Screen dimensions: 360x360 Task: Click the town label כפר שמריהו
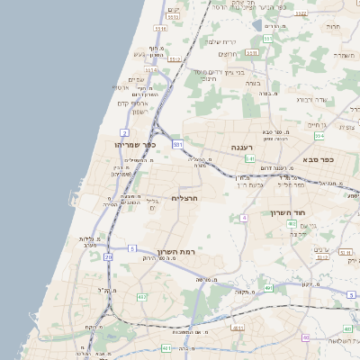tap(136, 144)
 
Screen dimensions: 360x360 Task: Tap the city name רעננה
tap(242, 147)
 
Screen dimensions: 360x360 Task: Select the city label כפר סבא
tap(319, 160)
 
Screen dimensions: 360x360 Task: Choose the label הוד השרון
tap(289, 212)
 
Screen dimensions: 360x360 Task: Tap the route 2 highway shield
tap(124, 132)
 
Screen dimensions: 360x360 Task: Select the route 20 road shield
tap(108, 256)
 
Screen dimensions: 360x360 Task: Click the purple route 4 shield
tap(244, 218)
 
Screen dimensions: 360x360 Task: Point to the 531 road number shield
tap(178, 144)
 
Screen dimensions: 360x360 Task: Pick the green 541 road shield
tap(249, 158)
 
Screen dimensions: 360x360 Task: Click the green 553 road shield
tap(267, 39)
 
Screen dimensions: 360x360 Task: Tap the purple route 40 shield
tap(306, 337)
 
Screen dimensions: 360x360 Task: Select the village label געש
tap(139, 55)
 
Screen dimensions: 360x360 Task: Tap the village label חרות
tap(333, 28)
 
